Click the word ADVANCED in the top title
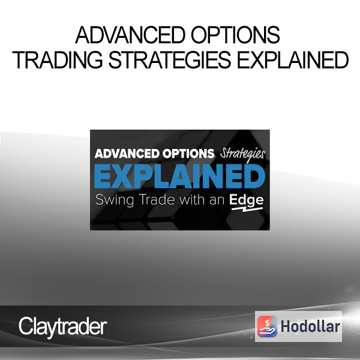(x=130, y=35)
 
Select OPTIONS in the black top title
(x=235, y=35)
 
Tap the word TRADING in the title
(x=58, y=60)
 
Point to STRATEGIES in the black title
(x=169, y=60)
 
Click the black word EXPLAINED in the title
(x=293, y=60)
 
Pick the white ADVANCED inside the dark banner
(x=127, y=154)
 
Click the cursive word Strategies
(x=242, y=155)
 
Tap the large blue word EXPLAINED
(x=180, y=176)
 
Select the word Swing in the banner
(x=115, y=200)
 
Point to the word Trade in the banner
(x=157, y=200)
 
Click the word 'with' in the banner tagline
(x=192, y=200)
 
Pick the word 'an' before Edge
(x=217, y=200)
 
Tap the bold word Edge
(x=246, y=200)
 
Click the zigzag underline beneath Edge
(x=247, y=209)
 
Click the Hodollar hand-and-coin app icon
(x=267, y=326)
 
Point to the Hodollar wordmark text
(x=310, y=326)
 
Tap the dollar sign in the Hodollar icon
(x=267, y=323)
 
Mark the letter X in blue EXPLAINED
(x=121, y=176)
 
